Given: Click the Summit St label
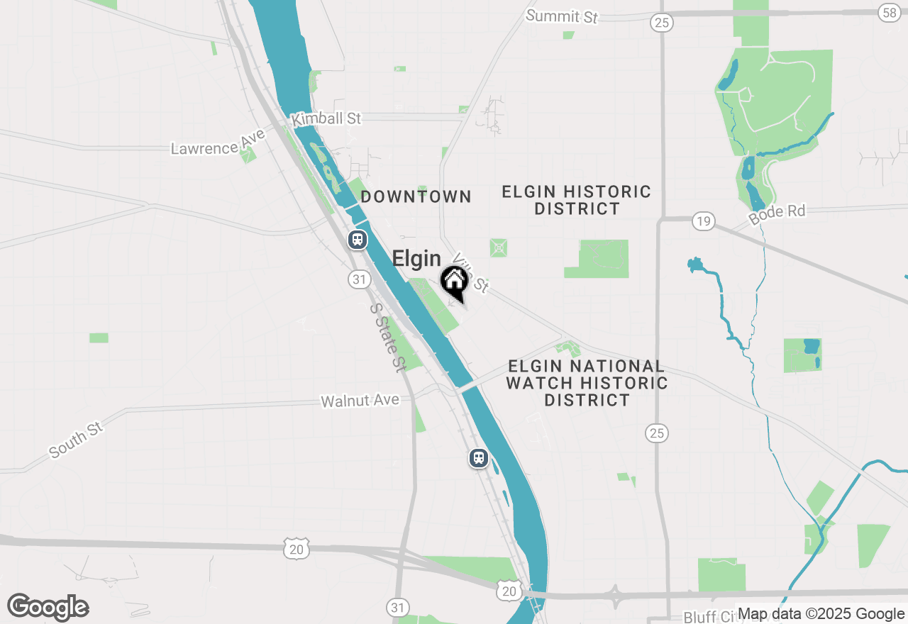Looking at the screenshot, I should pyautogui.click(x=562, y=16).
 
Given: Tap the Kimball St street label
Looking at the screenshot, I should pyautogui.click(x=326, y=118).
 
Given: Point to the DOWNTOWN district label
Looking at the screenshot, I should pyautogui.click(x=416, y=197).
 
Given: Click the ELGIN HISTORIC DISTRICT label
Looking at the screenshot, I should pyautogui.click(x=577, y=200).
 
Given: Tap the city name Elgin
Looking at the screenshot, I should pyautogui.click(x=416, y=259).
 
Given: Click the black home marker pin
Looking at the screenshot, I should pyautogui.click(x=454, y=282).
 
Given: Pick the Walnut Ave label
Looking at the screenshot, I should pyautogui.click(x=360, y=401).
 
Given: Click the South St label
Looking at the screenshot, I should pyautogui.click(x=76, y=440).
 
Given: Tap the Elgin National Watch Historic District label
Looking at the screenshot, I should pyautogui.click(x=587, y=384).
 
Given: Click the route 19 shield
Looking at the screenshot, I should pyautogui.click(x=703, y=222).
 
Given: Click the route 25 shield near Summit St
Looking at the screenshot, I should pyautogui.click(x=661, y=23).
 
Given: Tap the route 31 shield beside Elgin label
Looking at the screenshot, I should pyautogui.click(x=360, y=279).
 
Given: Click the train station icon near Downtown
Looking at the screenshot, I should pyautogui.click(x=358, y=240).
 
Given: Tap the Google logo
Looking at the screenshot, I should pyautogui.click(x=48, y=607).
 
